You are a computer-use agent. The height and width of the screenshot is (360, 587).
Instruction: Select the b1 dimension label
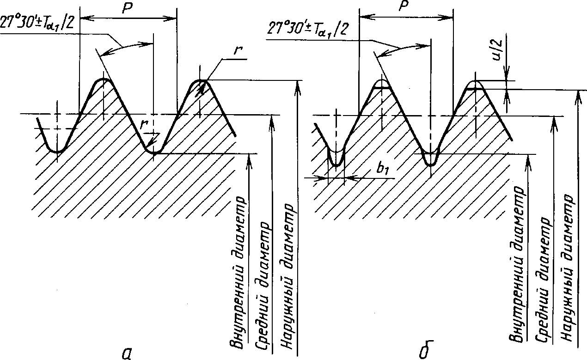tap(383, 169)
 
